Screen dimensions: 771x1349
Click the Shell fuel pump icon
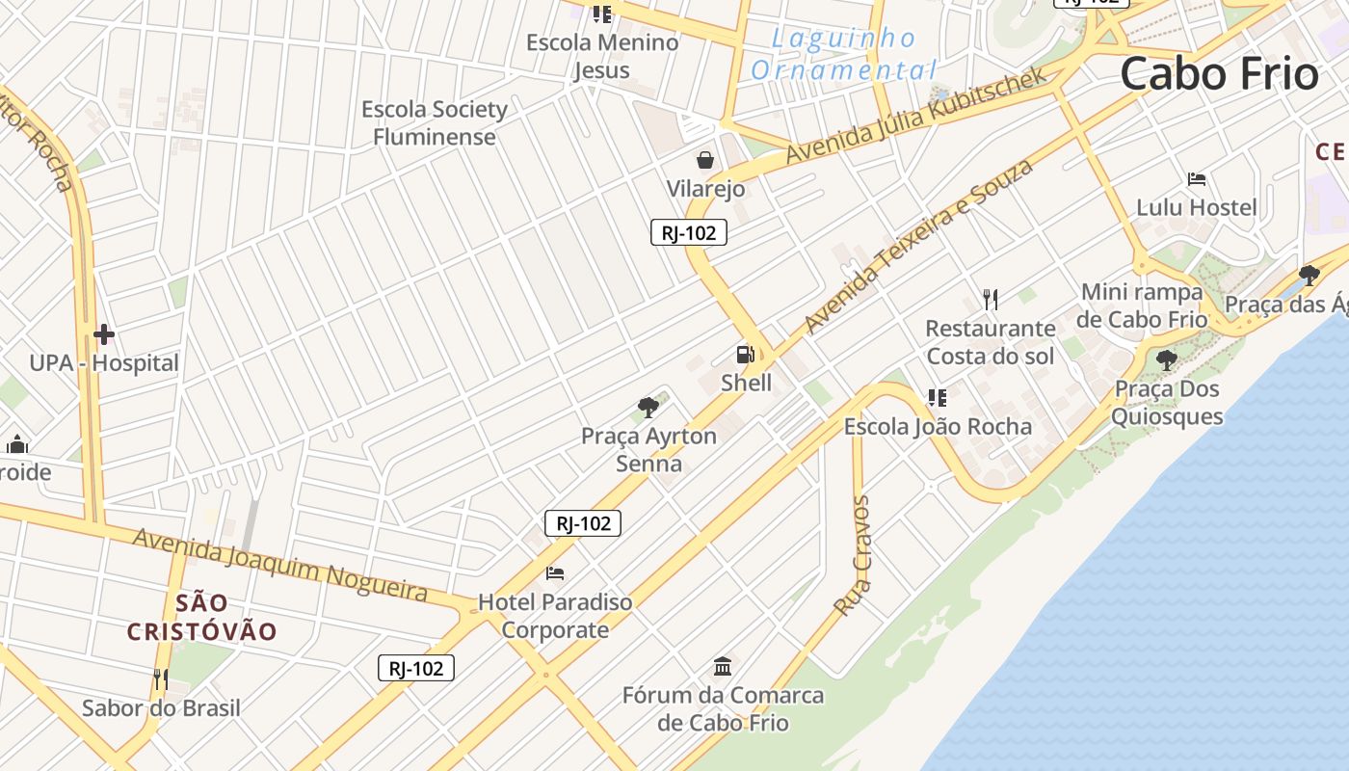(745, 354)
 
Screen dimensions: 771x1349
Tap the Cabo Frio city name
(1219, 74)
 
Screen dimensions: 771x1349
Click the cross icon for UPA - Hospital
(104, 334)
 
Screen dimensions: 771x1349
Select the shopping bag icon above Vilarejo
(705, 160)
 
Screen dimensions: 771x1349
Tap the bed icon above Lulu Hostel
(1197, 179)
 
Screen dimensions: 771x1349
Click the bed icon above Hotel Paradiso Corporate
(555, 573)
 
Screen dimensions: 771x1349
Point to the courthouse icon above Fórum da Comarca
(723, 666)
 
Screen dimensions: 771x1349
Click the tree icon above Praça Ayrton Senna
(649, 407)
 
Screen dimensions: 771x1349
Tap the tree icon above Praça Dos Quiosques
(1167, 361)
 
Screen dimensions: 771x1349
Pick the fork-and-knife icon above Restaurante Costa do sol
(990, 300)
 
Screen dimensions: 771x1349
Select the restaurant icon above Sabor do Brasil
(160, 679)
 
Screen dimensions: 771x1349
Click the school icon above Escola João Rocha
(937, 397)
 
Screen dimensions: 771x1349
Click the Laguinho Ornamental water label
(843, 55)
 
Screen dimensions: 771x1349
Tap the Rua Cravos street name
(853, 556)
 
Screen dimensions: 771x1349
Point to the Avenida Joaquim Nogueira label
(279, 564)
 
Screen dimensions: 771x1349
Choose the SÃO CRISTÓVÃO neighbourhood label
(202, 618)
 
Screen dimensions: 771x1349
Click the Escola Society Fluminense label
(435, 122)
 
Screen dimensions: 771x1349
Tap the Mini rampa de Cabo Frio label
(1143, 306)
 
